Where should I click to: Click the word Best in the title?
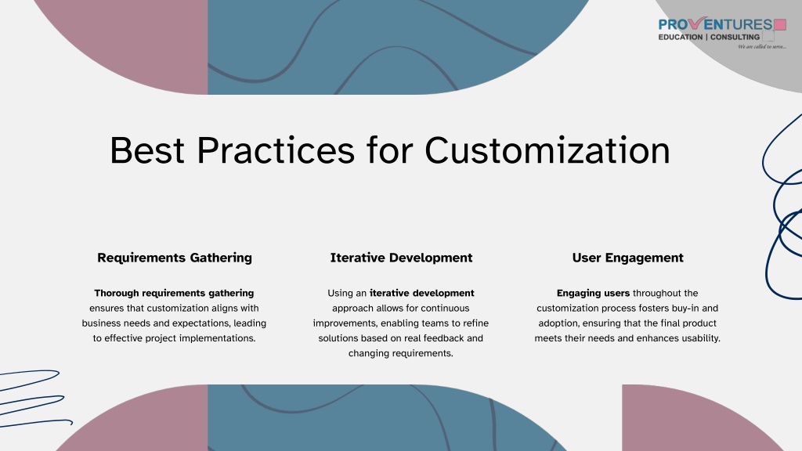147,150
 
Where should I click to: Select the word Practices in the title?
276,150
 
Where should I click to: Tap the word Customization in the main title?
547,150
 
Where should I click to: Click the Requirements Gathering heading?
175,258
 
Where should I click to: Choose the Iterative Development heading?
401,258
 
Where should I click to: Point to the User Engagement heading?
627,258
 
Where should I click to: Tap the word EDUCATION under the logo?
681,37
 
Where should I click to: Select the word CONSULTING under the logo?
735,37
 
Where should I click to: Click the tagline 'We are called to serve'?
761,46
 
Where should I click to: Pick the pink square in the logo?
780,24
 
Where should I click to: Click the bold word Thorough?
117,293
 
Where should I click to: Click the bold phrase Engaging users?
594,294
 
